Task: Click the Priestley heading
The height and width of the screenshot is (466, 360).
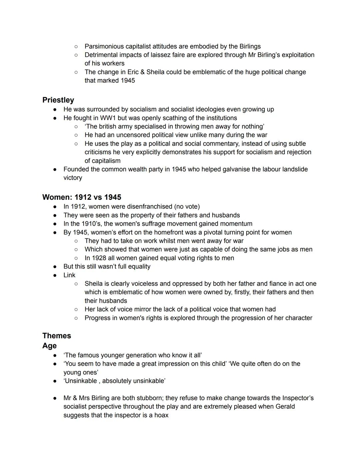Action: click(58, 100)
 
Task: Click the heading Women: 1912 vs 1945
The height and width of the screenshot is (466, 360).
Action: click(82, 197)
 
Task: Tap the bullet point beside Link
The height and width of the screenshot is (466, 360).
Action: click(55, 275)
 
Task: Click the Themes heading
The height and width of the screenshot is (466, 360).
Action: click(57, 336)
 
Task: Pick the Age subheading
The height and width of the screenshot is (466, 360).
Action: click(49, 346)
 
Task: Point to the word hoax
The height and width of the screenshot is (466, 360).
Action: click(161, 415)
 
